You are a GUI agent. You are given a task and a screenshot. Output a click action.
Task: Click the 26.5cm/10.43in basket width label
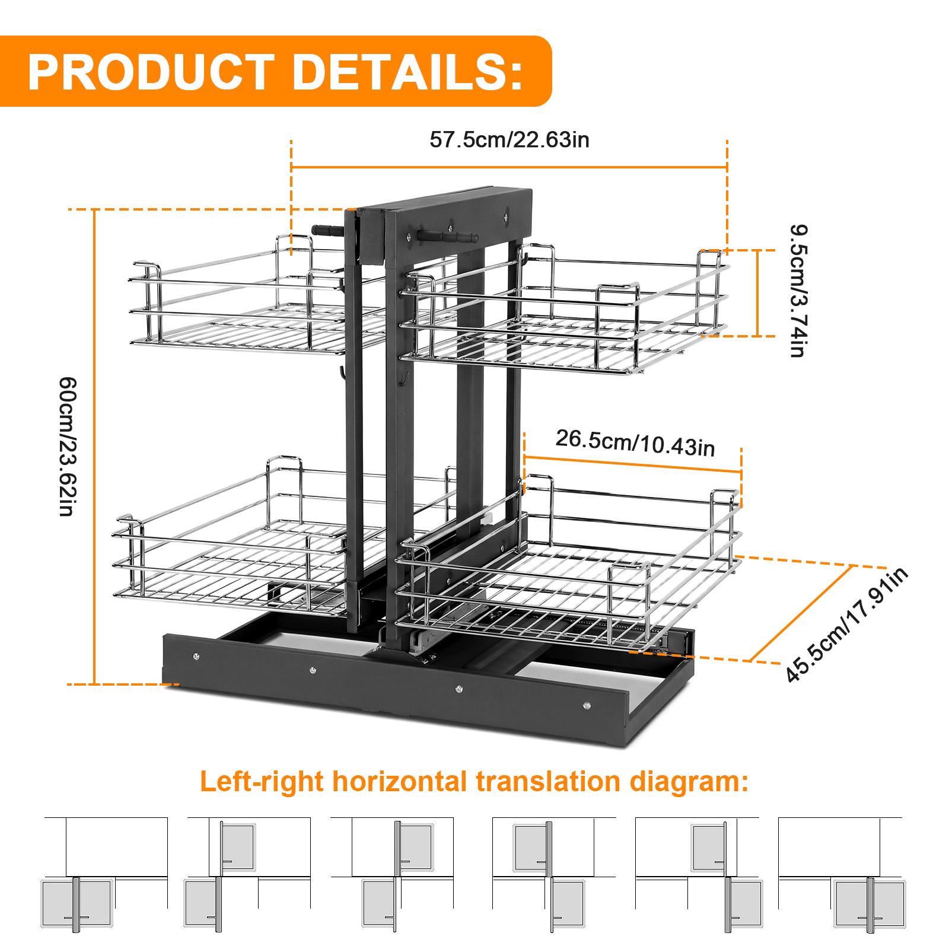pos(635,442)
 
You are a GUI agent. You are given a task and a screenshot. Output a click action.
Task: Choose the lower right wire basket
pos(569,569)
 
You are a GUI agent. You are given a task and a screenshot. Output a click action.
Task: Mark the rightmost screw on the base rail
pos(587,705)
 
